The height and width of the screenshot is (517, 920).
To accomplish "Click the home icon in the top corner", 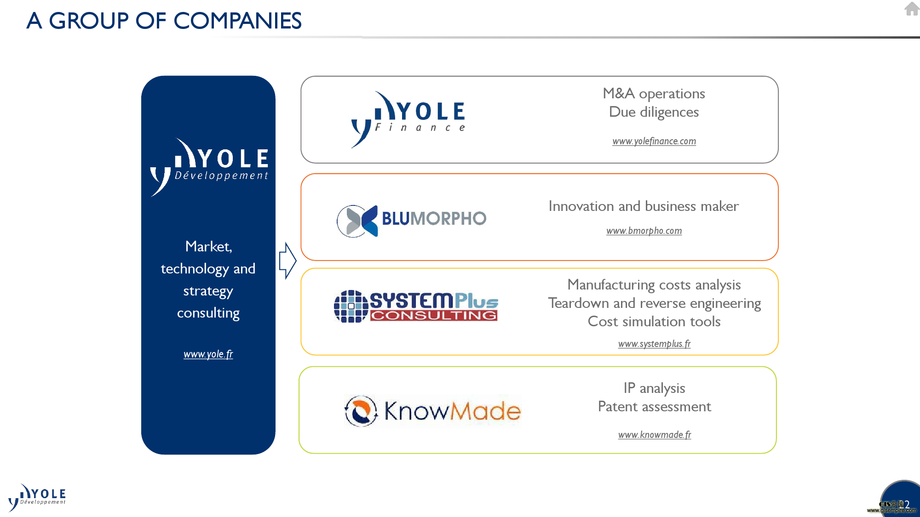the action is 912,9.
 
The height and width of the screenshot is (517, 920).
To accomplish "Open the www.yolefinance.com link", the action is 654,141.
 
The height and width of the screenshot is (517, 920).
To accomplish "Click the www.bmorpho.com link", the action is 644,231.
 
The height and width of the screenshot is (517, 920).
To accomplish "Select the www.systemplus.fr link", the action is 654,344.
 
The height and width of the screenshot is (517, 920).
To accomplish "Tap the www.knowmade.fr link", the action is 654,435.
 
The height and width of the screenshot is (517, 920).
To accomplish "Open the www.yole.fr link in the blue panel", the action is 208,354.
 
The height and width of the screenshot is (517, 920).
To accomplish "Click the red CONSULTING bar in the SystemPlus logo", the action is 434,315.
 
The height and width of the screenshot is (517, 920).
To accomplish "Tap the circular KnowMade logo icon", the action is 361,411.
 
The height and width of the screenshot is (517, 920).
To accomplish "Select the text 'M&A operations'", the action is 654,94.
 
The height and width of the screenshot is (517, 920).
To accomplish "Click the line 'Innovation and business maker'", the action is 644,206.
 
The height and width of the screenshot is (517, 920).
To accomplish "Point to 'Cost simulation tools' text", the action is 654,322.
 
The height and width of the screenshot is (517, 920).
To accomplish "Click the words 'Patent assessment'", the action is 654,407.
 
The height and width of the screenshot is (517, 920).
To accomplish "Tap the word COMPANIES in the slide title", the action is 237,21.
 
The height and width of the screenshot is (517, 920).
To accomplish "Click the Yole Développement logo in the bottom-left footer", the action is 37,497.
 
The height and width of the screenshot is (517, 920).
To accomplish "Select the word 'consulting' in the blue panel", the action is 208,313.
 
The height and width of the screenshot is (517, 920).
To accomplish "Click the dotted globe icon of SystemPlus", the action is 351,306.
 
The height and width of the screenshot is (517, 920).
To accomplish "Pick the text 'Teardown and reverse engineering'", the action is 654,304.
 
